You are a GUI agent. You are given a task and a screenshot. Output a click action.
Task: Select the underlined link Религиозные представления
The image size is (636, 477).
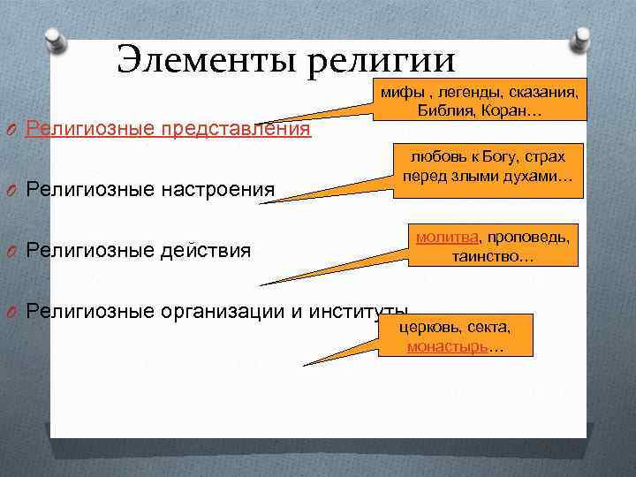[169, 129]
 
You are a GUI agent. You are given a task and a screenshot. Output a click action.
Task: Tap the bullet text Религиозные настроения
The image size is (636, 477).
[151, 189]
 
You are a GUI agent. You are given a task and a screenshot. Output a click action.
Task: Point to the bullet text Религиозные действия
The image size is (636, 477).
[140, 251]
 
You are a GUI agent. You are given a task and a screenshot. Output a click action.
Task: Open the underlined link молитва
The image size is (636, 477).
[447, 238]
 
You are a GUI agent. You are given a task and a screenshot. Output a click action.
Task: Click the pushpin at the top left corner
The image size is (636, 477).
[55, 39]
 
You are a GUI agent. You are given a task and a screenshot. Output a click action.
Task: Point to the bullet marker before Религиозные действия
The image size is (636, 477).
[11, 252]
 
